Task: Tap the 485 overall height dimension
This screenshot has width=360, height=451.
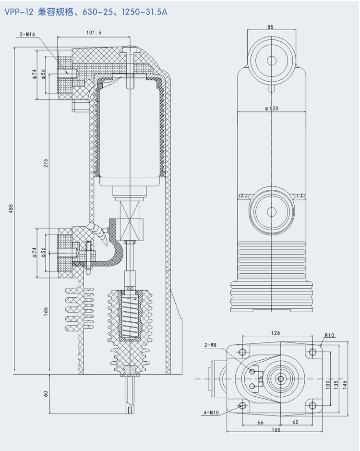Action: coord(11,209)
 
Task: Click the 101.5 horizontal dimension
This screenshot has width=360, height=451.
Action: coord(94,33)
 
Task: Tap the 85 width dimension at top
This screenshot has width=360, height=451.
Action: coord(270,27)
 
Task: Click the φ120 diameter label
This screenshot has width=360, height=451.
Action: coord(271,109)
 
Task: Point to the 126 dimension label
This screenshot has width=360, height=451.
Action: coord(275,332)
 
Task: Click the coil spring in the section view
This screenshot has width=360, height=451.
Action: coord(128,317)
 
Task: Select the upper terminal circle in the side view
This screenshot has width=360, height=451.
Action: coord(272,60)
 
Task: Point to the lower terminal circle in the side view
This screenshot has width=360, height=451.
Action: coord(272,210)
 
